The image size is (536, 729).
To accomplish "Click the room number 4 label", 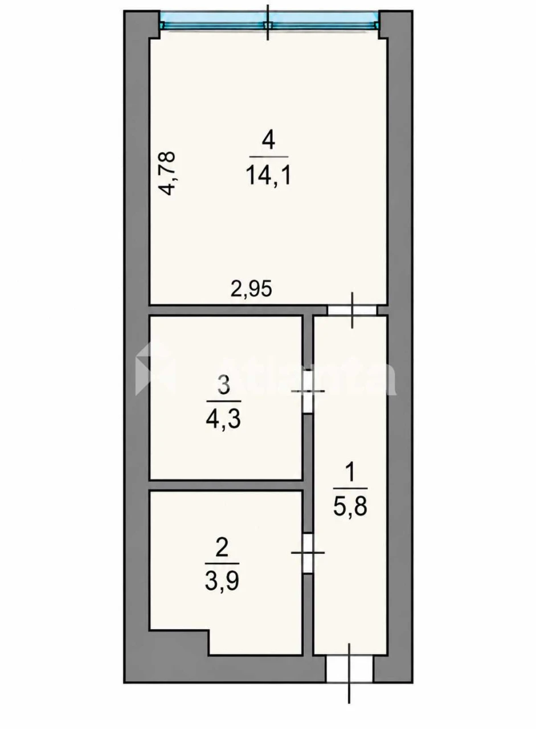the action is point(268,141).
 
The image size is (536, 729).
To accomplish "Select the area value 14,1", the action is point(268,174).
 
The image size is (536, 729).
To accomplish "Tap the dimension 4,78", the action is point(168,173).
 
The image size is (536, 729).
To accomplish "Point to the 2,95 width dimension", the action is point(251,289).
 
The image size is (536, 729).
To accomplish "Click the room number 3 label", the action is point(224,386).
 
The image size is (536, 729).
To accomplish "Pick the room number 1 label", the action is point(350,473).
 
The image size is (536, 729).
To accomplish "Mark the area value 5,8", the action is point(350,506).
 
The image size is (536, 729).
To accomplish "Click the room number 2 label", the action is point(222,548).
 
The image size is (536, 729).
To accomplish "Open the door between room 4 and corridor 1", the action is point(352,310).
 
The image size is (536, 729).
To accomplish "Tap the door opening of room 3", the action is point(308,391).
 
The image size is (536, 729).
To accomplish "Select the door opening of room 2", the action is point(308,553).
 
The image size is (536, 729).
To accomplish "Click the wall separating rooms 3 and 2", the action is point(226,485).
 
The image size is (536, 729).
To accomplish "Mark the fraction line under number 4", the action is point(268,157).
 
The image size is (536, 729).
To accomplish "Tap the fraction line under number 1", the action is point(350,489).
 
